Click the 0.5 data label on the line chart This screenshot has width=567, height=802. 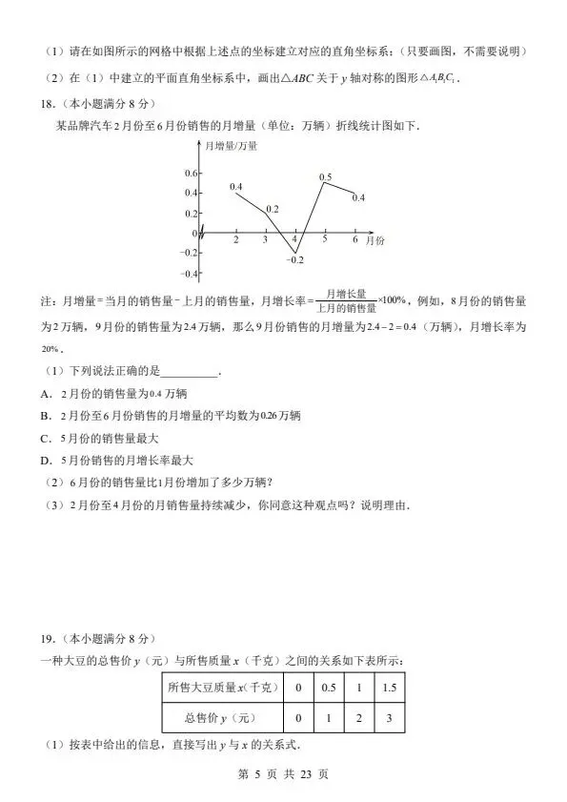point(325,177)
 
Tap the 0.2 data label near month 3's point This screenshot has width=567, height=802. point(273,208)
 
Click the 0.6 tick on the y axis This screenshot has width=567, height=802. point(191,173)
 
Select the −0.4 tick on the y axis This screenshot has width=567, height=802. point(189,274)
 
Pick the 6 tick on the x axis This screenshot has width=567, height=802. point(354,240)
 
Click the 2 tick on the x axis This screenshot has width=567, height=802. point(236,240)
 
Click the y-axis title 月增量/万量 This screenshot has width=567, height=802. point(232,146)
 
